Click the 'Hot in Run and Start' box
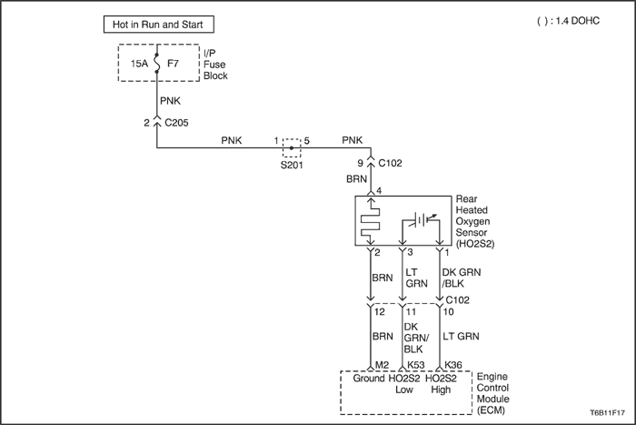(x=159, y=25)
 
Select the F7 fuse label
(x=174, y=64)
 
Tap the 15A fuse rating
(x=139, y=64)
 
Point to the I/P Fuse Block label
(x=215, y=65)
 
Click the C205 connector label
(x=176, y=123)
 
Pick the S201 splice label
(x=292, y=165)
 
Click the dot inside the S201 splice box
(x=292, y=148)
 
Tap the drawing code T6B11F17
(x=607, y=412)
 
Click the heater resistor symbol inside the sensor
(x=371, y=222)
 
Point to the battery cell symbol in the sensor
(x=422, y=220)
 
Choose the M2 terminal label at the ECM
(x=382, y=365)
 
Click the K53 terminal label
(x=416, y=365)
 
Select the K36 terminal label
(x=453, y=365)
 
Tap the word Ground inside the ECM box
(x=369, y=379)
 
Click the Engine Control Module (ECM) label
(x=492, y=393)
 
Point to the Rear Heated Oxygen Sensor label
(x=475, y=221)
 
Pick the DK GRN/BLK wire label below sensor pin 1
(x=462, y=278)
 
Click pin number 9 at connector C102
(x=360, y=163)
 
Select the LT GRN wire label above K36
(x=461, y=337)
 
